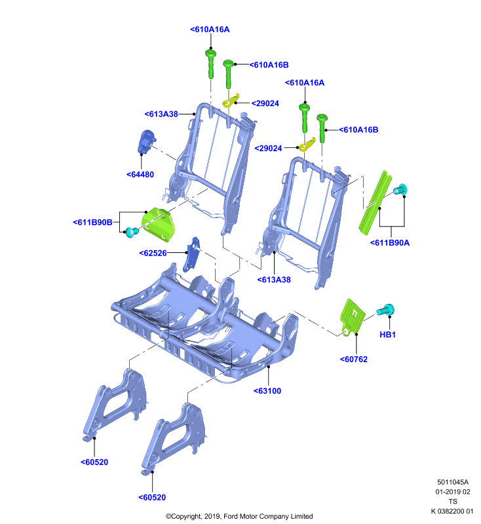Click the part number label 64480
(140, 174)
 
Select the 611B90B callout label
(92, 222)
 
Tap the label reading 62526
(153, 253)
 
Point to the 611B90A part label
(390, 243)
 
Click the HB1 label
(388, 335)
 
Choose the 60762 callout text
(354, 360)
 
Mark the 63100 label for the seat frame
(267, 391)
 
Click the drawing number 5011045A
(453, 482)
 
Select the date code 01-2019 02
(453, 492)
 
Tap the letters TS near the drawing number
(453, 502)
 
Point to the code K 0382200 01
(452, 512)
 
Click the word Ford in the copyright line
(231, 516)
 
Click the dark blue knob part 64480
(146, 141)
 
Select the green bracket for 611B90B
(159, 224)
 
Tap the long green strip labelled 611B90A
(375, 202)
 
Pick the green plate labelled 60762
(352, 317)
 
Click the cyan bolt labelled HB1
(386, 310)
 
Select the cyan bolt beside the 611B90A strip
(400, 189)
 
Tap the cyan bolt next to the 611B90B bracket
(131, 232)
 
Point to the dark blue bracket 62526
(191, 254)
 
